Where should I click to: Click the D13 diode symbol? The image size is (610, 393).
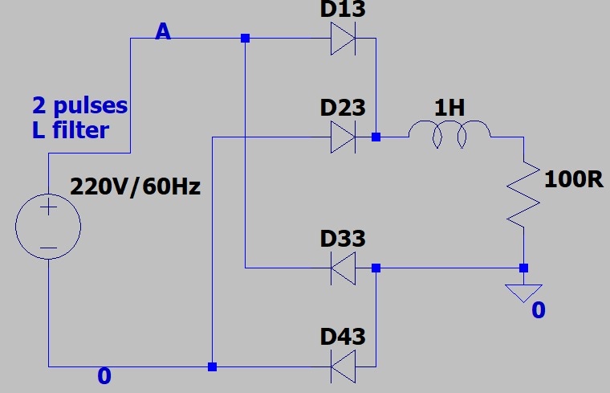pyautogui.click(x=344, y=38)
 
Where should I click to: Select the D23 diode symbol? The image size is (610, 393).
pyautogui.click(x=344, y=137)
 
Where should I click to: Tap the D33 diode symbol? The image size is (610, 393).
pyautogui.click(x=344, y=268)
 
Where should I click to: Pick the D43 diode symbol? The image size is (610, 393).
pyautogui.click(x=344, y=366)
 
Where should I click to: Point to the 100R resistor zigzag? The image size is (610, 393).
pyautogui.click(x=523, y=193)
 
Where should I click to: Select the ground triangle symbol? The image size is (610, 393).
pyautogui.click(x=523, y=293)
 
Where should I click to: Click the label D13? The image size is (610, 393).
pyautogui.click(x=343, y=10)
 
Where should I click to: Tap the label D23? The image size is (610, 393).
pyautogui.click(x=343, y=108)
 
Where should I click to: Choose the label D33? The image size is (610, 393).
pyautogui.click(x=343, y=239)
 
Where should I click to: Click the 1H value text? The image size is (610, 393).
pyautogui.click(x=450, y=108)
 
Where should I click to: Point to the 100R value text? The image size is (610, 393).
pyautogui.click(x=573, y=179)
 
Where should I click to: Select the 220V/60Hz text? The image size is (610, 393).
pyautogui.click(x=135, y=187)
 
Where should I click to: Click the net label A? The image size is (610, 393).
pyautogui.click(x=163, y=31)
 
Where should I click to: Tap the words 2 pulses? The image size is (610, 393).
pyautogui.click(x=79, y=105)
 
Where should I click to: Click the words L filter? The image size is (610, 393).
pyautogui.click(x=70, y=129)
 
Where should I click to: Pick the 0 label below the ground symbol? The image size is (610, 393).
pyautogui.click(x=539, y=310)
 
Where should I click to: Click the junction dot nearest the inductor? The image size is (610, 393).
pyautogui.click(x=376, y=137)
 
